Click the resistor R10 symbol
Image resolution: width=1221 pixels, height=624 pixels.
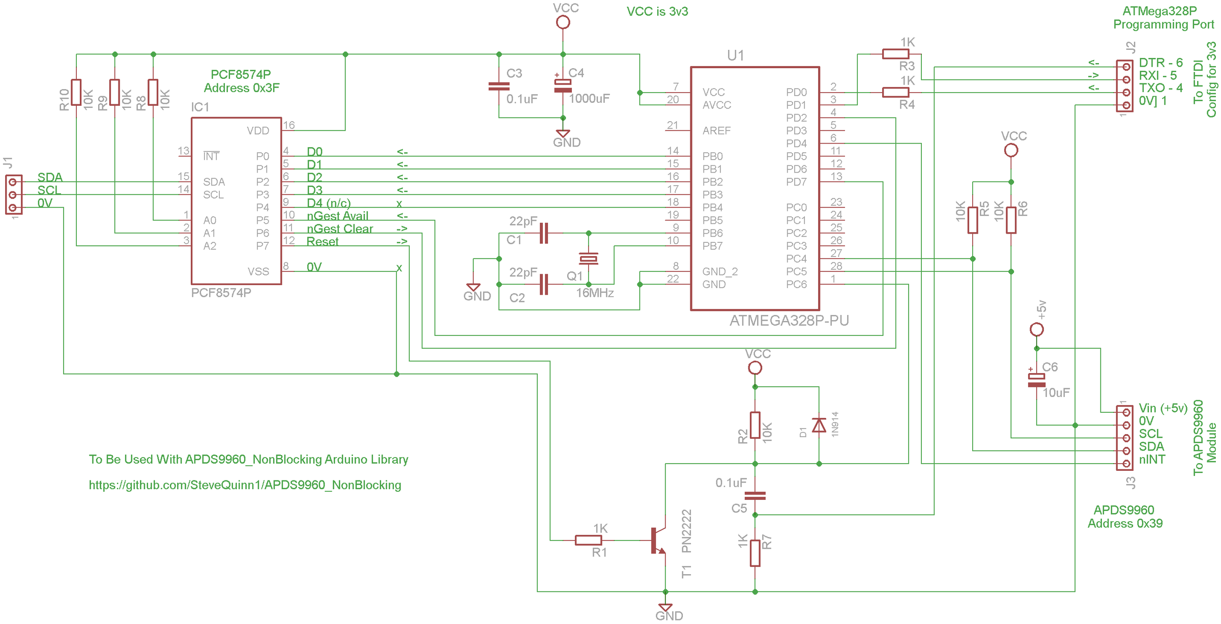[x=76, y=92]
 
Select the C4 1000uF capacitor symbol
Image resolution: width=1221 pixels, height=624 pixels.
[x=563, y=86]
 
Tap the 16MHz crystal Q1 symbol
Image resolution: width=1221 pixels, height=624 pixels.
[x=589, y=259]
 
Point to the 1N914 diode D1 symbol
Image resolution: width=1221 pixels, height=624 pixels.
[x=819, y=425]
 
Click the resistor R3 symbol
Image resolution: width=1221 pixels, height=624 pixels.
[x=895, y=54]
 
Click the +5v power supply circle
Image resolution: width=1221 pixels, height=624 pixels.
[x=1036, y=330]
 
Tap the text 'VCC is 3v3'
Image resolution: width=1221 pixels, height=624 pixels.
[x=657, y=12]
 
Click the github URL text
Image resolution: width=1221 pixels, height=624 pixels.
[x=245, y=485]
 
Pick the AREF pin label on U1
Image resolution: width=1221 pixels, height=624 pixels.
[x=716, y=131]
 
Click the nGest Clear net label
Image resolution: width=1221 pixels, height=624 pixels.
[x=340, y=229]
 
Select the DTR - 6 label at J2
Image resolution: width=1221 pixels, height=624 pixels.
[x=1160, y=63]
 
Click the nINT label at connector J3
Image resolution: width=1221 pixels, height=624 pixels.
[x=1152, y=460]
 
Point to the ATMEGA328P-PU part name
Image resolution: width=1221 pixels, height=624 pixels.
[x=789, y=321]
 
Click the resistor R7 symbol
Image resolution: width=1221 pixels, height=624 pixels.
[x=755, y=553]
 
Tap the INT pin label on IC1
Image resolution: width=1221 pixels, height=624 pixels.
[x=211, y=156]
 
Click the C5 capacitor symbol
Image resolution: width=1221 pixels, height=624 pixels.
[x=755, y=495]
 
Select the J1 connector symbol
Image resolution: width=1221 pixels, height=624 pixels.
[x=14, y=194]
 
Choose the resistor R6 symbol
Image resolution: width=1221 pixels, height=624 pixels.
[x=1011, y=220]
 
